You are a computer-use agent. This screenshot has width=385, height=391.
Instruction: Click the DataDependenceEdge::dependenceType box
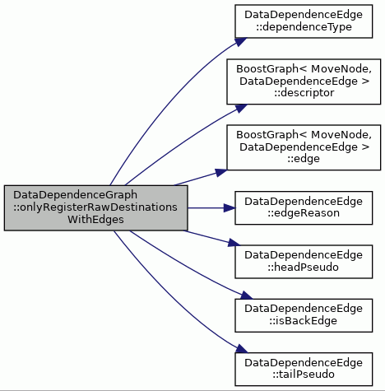(304, 21)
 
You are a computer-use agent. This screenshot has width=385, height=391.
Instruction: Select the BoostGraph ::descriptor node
(304, 81)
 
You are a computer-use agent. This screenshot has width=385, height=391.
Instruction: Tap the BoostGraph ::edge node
(304, 147)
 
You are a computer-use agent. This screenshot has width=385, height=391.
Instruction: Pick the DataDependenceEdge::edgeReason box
(304, 207)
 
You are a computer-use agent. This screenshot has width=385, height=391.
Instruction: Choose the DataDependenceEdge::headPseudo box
(304, 262)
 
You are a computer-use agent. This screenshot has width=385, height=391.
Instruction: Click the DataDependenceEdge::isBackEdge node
(304, 315)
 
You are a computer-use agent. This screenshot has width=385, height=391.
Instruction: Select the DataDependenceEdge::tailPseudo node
(304, 369)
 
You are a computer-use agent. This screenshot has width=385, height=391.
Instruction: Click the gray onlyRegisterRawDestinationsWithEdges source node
(95, 207)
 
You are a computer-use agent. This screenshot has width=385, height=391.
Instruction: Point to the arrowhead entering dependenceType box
(240, 42)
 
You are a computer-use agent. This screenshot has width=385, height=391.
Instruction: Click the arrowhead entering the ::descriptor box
(241, 108)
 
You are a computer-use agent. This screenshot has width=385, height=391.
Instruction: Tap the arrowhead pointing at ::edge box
(221, 172)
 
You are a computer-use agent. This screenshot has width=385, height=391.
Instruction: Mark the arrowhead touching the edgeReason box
(230, 208)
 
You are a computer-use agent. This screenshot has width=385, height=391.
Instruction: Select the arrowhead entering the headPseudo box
(234, 243)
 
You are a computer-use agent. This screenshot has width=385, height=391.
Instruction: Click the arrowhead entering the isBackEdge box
(246, 296)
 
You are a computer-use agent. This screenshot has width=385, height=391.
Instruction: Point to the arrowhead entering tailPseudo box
(241, 349)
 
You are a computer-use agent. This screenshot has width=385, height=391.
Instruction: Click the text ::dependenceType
(304, 27)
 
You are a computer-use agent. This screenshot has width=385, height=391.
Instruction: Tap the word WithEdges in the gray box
(95, 220)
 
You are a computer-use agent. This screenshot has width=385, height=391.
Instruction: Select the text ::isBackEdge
(303, 321)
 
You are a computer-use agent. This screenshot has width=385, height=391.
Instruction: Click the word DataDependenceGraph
(75, 195)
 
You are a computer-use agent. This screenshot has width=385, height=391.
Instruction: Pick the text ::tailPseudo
(304, 375)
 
